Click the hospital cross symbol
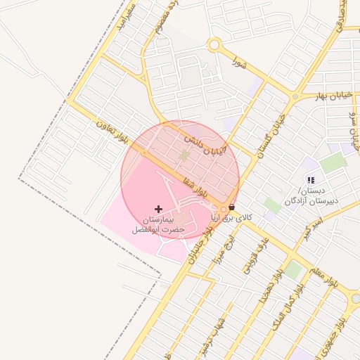click(x=158, y=209)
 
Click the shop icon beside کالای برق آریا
click(x=232, y=208)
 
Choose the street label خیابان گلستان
click(x=272, y=133)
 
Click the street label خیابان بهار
click(x=330, y=95)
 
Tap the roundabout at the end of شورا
click(x=214, y=46)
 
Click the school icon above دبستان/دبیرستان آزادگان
click(x=311, y=181)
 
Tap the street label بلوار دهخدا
click(x=271, y=284)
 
